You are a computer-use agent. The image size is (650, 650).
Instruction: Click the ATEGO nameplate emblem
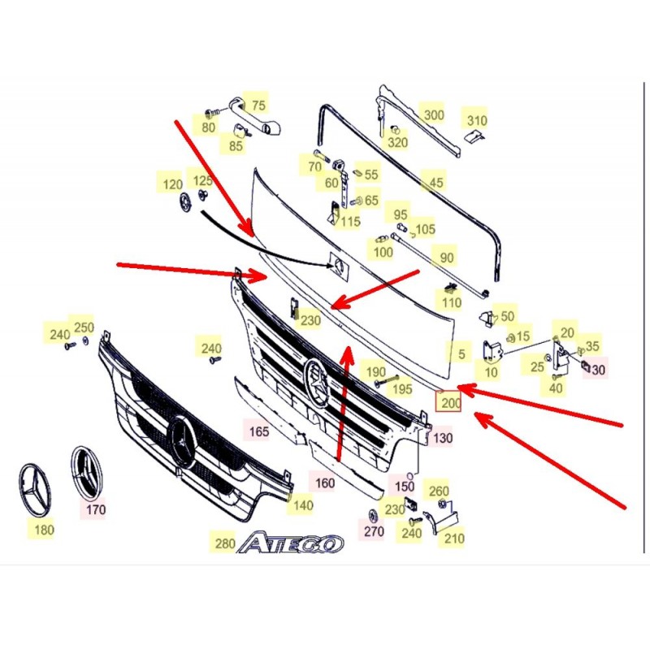pyautogui.click(x=291, y=544)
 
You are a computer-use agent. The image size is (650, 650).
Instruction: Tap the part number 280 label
pyautogui.click(x=225, y=543)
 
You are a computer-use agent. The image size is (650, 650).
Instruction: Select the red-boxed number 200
pyautogui.click(x=448, y=402)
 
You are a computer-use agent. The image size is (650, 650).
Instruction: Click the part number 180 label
pyautogui.click(x=44, y=530)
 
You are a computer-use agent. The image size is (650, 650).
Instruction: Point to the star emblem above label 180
pyautogui.click(x=34, y=490)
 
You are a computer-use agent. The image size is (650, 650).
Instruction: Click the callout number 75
pyautogui.click(x=258, y=106)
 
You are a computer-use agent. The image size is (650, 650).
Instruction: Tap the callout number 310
pyautogui.click(x=477, y=120)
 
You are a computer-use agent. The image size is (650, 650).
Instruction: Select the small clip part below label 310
pyautogui.click(x=474, y=136)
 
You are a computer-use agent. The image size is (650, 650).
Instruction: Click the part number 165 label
pyautogui.click(x=259, y=431)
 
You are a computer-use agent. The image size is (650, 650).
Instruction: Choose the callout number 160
pyautogui.click(x=325, y=483)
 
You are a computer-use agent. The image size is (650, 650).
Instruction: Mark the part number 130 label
pyautogui.click(x=443, y=438)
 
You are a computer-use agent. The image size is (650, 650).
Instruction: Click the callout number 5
pyautogui.click(x=461, y=354)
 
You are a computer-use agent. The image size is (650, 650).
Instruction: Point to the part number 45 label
pyautogui.click(x=436, y=182)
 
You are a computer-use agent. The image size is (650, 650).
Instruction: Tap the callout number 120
pyautogui.click(x=173, y=184)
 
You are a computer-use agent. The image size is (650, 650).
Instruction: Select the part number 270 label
pyautogui.click(x=374, y=531)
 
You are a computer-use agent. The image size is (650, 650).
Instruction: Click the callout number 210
pyautogui.click(x=454, y=539)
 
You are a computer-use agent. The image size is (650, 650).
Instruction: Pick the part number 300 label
pyautogui.click(x=434, y=115)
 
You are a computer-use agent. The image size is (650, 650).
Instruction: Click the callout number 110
pyautogui.click(x=452, y=302)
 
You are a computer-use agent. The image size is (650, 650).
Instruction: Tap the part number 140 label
pyautogui.click(x=303, y=505)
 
